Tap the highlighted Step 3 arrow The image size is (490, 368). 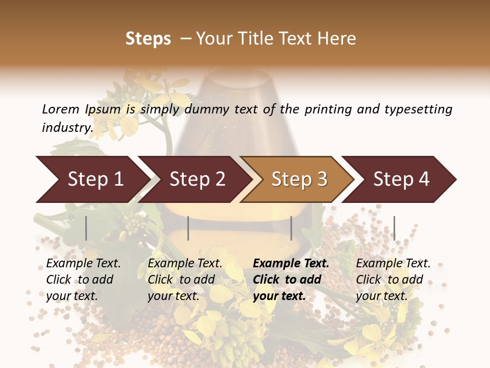point(299,179)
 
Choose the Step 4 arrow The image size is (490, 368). point(401,179)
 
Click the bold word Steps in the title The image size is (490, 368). point(148,39)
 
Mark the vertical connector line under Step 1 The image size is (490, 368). point(86,228)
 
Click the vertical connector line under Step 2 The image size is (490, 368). point(188,228)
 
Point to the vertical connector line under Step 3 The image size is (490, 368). point(291,228)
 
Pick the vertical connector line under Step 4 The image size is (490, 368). point(394,228)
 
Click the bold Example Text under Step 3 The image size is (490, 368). point(291,264)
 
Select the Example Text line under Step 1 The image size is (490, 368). point(83,264)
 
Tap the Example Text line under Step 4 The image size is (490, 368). point(393,264)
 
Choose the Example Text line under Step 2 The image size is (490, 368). point(185,264)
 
